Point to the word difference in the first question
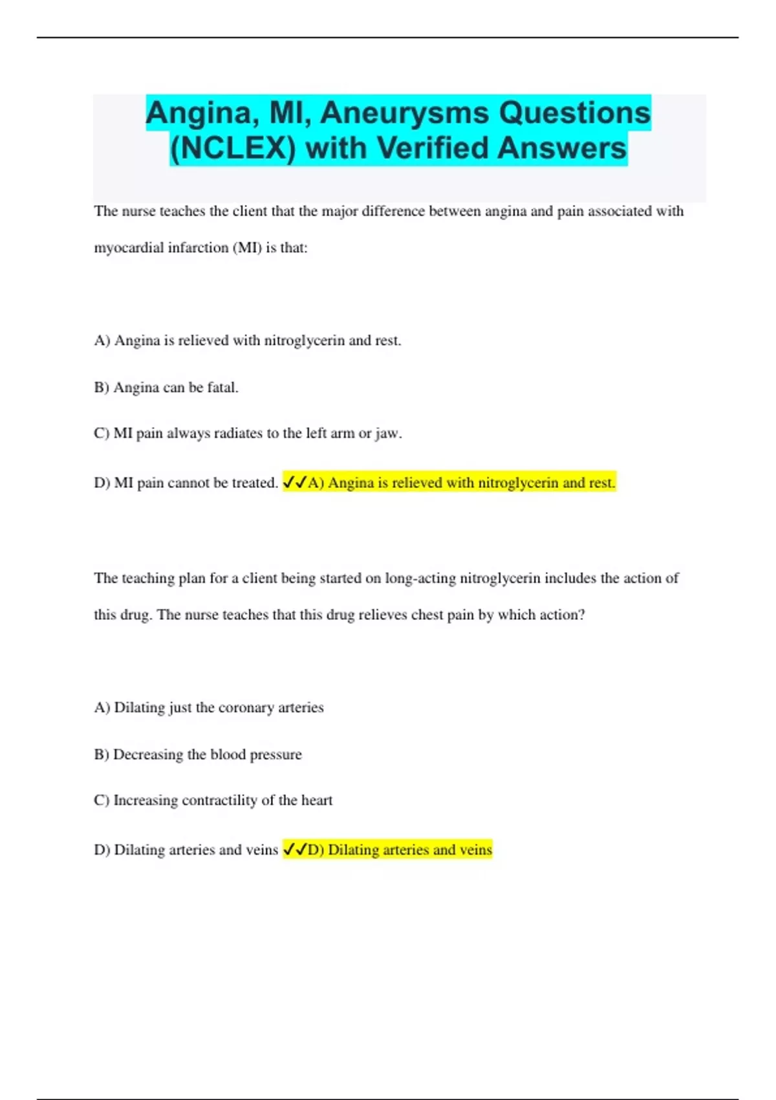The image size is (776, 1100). pos(393,212)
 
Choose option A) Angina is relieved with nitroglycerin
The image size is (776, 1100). pos(247,341)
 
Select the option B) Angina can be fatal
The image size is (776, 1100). pos(166,388)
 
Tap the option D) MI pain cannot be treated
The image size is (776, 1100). pos(186,483)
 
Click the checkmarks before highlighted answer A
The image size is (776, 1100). pos(295,483)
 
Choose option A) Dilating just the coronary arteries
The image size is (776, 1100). pos(208,708)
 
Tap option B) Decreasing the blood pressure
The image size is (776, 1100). pos(197,754)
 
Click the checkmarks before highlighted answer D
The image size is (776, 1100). pos(295,850)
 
